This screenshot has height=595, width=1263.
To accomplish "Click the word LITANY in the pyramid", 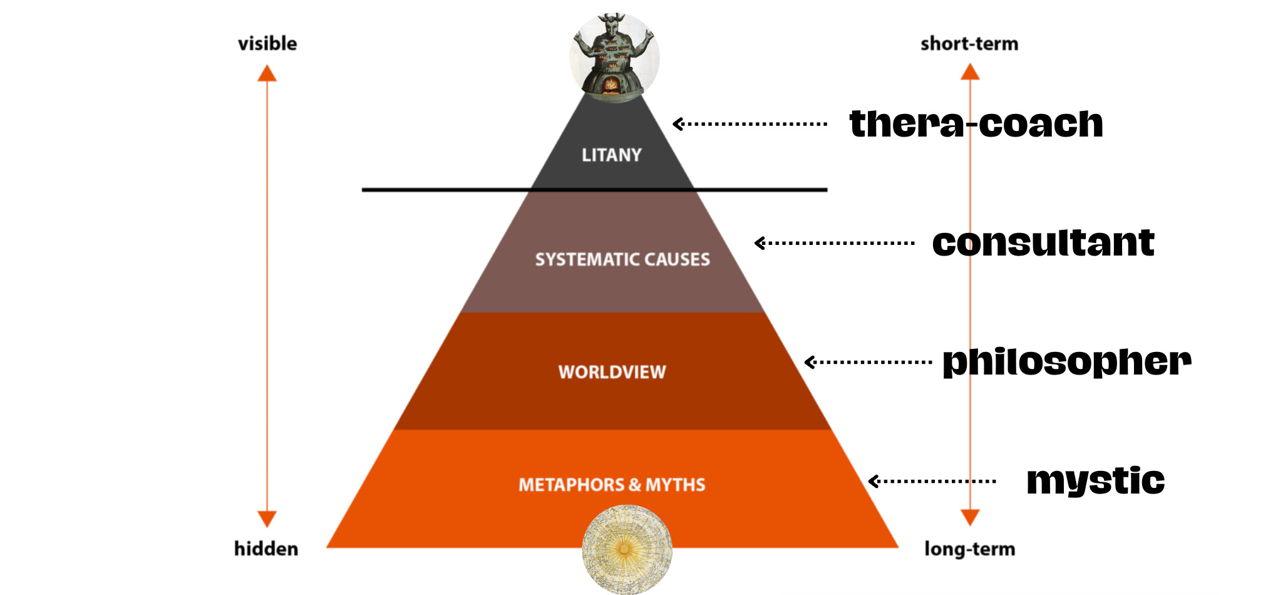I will point(611,155).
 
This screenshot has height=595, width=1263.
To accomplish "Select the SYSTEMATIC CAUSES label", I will point(622,259).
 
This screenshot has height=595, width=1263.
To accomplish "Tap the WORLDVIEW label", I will point(612,372).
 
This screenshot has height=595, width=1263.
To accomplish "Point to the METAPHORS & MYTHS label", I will point(612,485).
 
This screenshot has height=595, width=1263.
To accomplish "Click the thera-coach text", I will point(976,123).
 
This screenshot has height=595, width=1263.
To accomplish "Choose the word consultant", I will point(1043,242).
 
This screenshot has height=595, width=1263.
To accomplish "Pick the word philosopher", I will point(1066,361).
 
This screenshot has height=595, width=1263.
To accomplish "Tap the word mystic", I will point(1095,481).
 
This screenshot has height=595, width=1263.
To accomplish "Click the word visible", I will point(267,43).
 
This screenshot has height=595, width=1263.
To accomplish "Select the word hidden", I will point(266,549).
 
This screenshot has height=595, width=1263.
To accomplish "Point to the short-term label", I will point(969,43).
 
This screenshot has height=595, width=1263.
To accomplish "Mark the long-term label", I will point(969,549).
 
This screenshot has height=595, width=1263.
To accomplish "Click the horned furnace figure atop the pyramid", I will point(614,56).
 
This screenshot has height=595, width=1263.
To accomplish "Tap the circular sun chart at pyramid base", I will point(626,549).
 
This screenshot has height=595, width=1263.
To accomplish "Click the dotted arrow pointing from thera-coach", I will point(750,124).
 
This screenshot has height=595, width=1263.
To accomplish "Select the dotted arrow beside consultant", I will point(834,243).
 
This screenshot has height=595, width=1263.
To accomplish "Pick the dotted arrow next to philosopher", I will point(868,362).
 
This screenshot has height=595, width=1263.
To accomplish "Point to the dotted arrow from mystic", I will point(932,481).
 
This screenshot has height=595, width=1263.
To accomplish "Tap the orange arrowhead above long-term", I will point(970,518).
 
